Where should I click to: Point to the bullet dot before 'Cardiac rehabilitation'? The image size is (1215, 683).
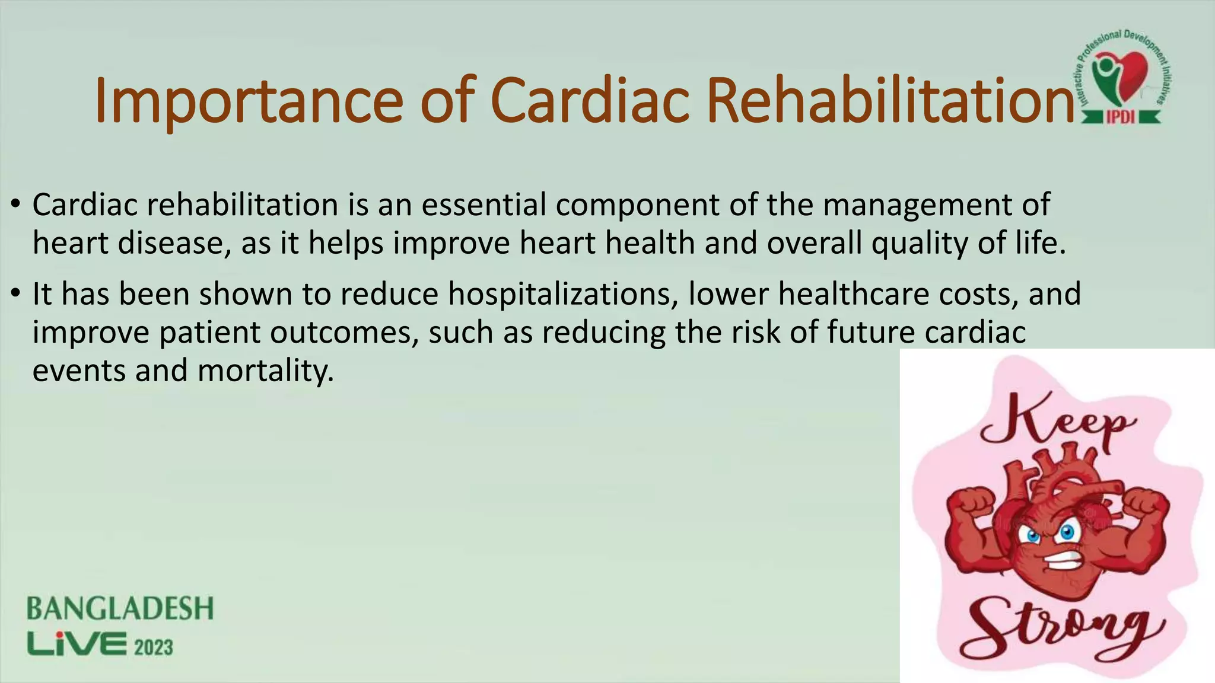16,205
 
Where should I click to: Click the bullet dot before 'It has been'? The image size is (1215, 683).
16,293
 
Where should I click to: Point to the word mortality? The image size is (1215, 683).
265,371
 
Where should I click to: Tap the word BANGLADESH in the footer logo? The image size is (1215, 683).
120,609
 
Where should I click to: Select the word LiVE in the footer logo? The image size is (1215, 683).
77,644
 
